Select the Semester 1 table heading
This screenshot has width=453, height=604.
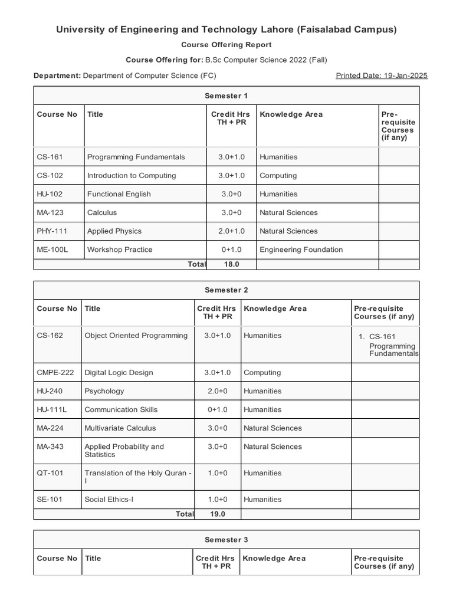(226, 96)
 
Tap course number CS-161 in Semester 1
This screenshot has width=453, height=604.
(50, 157)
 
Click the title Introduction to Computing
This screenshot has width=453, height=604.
(132, 175)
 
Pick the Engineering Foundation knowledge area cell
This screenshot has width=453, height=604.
(301, 250)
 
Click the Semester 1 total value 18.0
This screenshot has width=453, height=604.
(231, 264)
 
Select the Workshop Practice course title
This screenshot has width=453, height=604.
(120, 250)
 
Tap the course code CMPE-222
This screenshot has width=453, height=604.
(54, 372)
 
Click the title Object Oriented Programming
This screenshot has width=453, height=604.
(136, 336)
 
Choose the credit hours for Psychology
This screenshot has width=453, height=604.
(217, 390)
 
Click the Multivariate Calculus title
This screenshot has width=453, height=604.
(121, 428)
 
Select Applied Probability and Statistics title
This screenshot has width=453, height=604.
(124, 451)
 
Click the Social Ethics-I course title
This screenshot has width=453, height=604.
(109, 499)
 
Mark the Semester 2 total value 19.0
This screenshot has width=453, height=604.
(217, 514)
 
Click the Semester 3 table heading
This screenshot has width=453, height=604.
(226, 540)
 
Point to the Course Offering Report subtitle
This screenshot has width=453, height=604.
(226, 45)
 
